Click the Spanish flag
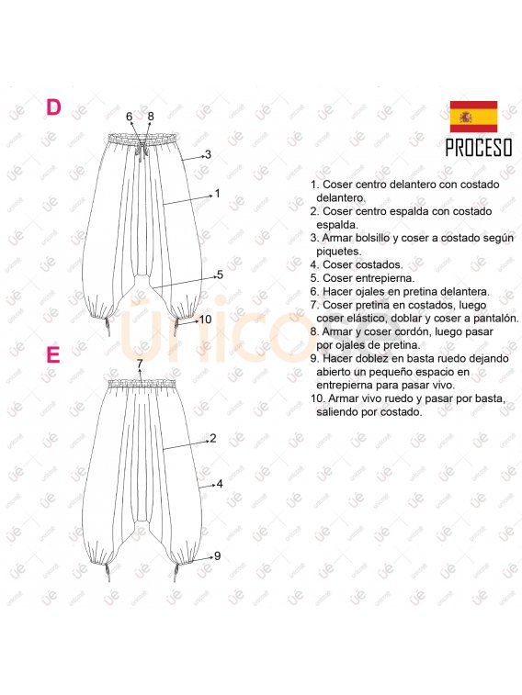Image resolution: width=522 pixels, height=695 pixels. [473, 117]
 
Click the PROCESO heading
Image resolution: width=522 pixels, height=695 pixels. [479, 148]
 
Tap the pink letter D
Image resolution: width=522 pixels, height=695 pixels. [53, 107]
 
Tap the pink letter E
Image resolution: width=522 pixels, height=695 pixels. [52, 354]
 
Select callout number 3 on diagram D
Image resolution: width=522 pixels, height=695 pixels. [208, 154]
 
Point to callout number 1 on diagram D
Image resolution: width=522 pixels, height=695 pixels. [217, 193]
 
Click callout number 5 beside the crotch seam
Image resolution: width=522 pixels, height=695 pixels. [220, 275]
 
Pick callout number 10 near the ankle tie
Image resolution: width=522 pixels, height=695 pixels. [205, 319]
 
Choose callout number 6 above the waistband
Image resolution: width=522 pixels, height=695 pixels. [129, 116]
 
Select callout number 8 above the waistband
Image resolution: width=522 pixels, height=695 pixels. [151, 116]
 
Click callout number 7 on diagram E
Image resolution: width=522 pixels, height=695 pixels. [140, 364]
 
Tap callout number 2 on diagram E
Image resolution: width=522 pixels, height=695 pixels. [213, 438]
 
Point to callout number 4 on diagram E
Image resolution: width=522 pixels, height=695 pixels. [220, 484]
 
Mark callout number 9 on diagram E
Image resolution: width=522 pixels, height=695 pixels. [217, 555]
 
